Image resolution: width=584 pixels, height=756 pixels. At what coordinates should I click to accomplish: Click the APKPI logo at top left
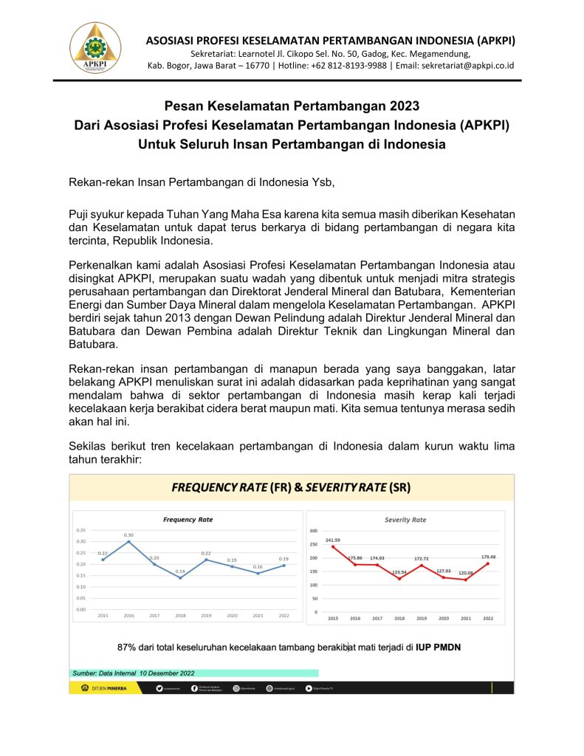[95, 47]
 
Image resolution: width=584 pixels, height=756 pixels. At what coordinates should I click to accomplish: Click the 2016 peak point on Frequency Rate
[128, 542]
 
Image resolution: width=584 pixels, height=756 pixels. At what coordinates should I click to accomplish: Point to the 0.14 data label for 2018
[180, 571]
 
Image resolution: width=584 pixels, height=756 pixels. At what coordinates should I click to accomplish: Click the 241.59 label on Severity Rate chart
[333, 540]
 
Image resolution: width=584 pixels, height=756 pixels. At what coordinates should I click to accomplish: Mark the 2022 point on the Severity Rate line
[487, 563]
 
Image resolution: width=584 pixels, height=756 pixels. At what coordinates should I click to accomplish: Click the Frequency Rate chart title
[188, 520]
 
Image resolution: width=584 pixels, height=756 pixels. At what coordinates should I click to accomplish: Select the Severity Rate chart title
[405, 520]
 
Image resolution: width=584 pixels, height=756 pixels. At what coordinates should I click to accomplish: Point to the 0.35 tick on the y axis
[81, 530]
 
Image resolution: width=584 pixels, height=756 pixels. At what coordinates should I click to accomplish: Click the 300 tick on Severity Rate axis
[313, 531]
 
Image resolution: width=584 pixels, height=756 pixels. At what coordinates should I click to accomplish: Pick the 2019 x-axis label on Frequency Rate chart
[206, 615]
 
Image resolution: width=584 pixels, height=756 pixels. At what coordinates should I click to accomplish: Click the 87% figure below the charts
[128, 647]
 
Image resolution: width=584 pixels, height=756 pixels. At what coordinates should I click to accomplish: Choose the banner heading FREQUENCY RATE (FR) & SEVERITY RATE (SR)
[292, 487]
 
